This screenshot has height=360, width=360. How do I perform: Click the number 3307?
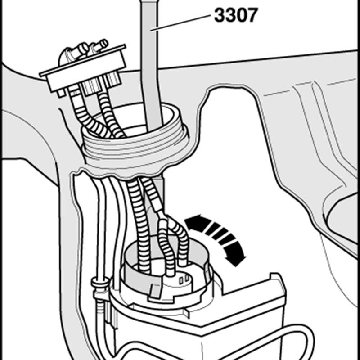[x=236, y=15]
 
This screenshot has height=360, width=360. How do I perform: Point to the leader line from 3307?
[x=180, y=23]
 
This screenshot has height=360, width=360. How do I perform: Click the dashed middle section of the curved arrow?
[x=219, y=234]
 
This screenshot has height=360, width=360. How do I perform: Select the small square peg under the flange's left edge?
[x=61, y=93]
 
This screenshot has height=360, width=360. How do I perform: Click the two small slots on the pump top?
[x=184, y=279]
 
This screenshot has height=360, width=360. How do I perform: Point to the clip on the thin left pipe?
[x=99, y=283]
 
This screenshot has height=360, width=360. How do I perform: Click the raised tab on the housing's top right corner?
[x=275, y=277]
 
